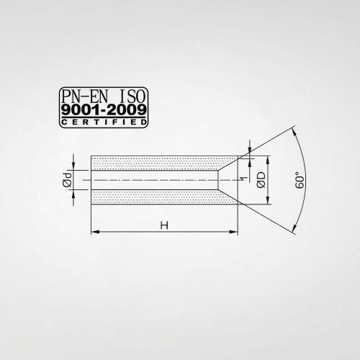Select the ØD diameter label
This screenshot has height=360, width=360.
tap(261, 180)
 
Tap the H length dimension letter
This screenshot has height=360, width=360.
tap(164, 225)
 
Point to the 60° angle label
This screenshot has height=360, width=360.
tap(300, 180)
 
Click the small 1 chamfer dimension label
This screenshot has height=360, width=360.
tap(244, 179)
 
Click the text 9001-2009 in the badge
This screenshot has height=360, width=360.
tap(104, 110)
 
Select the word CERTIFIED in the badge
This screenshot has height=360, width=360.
tap(104, 122)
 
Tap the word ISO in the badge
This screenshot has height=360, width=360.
tap(131, 96)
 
